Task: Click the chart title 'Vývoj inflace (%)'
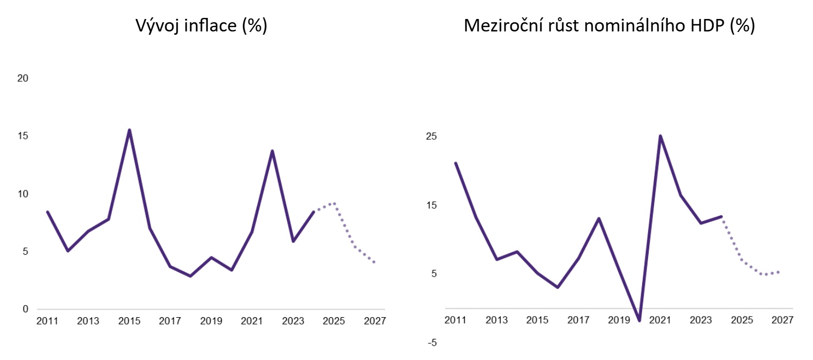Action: [x=201, y=25]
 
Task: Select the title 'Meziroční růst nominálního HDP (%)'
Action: [x=609, y=25]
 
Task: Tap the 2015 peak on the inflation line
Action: [x=130, y=130]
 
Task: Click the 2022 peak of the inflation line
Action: [x=272, y=151]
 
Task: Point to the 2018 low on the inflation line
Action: [x=190, y=276]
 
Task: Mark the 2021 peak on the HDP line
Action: [x=660, y=136]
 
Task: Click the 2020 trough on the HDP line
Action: [x=640, y=320]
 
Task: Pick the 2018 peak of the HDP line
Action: [x=599, y=218]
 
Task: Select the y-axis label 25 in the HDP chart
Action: [x=431, y=137]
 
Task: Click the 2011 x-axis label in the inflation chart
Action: [x=47, y=321]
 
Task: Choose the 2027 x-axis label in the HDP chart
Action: [x=783, y=320]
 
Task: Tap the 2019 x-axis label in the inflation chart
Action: [x=211, y=321]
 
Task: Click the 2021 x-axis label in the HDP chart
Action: [x=660, y=320]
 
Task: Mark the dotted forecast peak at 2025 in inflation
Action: [x=334, y=203]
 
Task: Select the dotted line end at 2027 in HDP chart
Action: [x=779, y=272]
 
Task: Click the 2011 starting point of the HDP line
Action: [x=456, y=163]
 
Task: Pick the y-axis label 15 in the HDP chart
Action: [x=431, y=205]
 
